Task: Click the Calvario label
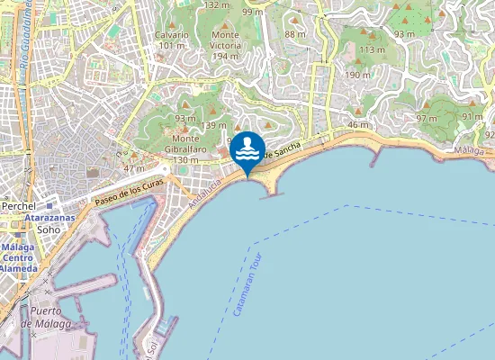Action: [172, 34]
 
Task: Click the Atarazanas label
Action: [48, 217]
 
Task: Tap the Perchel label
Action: [17, 206]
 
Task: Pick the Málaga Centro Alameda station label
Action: [19, 257]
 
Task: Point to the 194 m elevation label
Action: [225, 56]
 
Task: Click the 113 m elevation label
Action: [372, 49]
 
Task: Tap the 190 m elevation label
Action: [357, 75]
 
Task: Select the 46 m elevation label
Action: [358, 124]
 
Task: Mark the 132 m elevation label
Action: [216, 4]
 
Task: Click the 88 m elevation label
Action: [295, 34]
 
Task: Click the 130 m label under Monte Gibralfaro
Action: [184, 159]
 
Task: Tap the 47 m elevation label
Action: [133, 168]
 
